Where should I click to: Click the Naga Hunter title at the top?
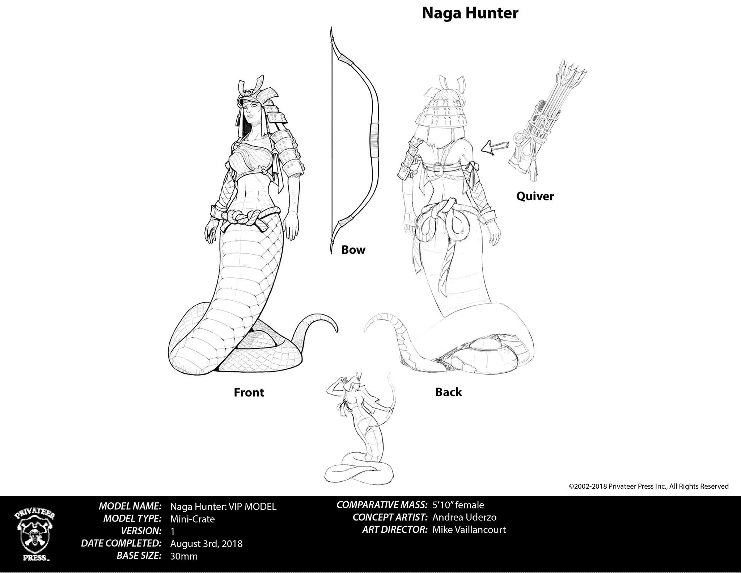[x=470, y=13]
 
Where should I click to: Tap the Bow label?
[x=353, y=250]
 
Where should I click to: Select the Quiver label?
[x=535, y=196]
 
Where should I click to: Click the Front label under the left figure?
[x=249, y=392]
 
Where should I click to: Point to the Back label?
[x=449, y=392]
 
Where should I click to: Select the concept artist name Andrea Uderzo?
[x=464, y=517]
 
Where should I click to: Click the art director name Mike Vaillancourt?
[x=469, y=530]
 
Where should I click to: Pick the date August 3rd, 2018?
[x=206, y=544]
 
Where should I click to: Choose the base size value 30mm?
[x=184, y=556]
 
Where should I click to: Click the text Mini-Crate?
[x=192, y=519]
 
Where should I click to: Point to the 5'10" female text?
[x=458, y=505]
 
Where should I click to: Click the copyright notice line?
[x=649, y=486]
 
